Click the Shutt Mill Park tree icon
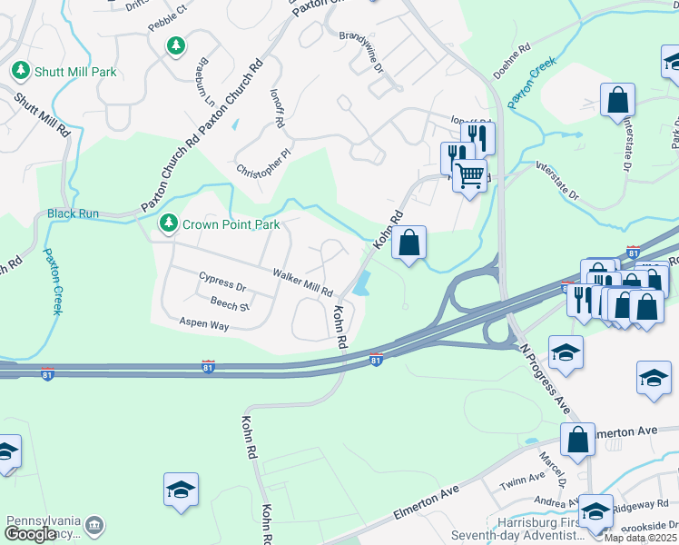pyautogui.click(x=20, y=70)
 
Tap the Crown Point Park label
pyautogui.click(x=231, y=224)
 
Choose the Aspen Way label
pyautogui.click(x=204, y=324)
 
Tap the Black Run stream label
pyautogui.click(x=73, y=214)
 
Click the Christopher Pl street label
pyautogui.click(x=263, y=162)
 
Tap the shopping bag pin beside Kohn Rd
pyautogui.click(x=409, y=243)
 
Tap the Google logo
pyautogui.click(x=30, y=534)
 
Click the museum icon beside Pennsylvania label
pyautogui.click(x=93, y=525)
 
